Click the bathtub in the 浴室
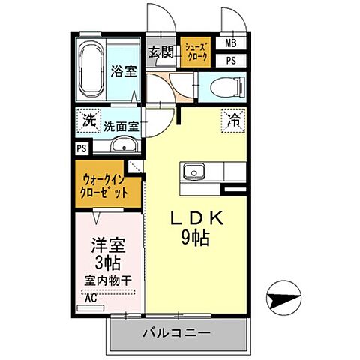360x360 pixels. (x=91, y=69)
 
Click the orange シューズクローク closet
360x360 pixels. (x=197, y=52)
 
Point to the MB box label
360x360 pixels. (x=231, y=43)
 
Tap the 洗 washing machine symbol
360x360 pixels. (x=88, y=119)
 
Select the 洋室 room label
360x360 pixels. (x=108, y=244)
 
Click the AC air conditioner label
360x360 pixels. (x=91, y=297)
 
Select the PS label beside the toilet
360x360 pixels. (x=231, y=61)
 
